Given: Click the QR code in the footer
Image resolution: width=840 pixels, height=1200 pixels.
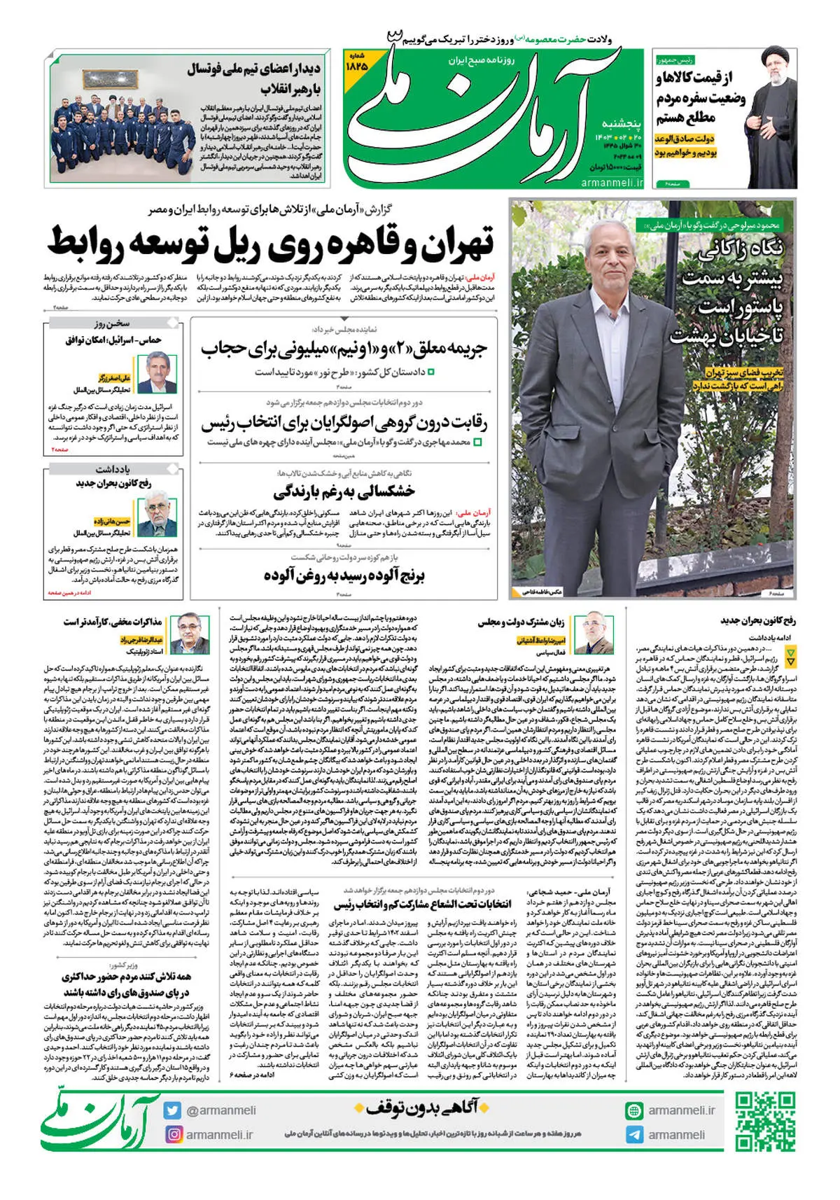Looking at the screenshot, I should coord(764,1122).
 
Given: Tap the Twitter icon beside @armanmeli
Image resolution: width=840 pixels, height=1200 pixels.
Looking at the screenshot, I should coord(173,1110).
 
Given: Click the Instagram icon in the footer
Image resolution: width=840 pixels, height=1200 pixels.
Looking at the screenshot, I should coord(173,1134).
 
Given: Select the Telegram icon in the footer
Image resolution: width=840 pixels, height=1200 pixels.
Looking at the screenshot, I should coord(634,1135).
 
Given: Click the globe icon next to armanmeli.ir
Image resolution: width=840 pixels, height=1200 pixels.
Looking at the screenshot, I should coord(634,1110).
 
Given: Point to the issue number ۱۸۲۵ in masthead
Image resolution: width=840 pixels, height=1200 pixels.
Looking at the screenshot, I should coord(356,65).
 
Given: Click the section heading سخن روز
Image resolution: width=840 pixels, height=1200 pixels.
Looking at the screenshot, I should coord(112,323).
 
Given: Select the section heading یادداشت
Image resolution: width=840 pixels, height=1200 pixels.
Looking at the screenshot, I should coord(113,469).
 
